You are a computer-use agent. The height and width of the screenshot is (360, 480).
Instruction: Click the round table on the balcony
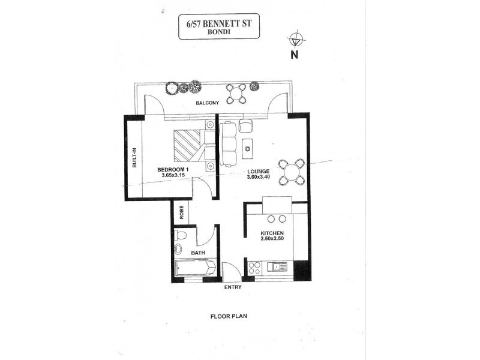(x=236, y=93)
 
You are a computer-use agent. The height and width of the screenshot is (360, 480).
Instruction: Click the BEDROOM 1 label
(x=173, y=170)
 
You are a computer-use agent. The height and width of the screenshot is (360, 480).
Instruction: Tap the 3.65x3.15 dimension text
(x=174, y=176)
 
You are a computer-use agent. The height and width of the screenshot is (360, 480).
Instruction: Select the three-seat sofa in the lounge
(x=228, y=145)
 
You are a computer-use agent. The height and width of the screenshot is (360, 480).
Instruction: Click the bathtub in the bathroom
(x=193, y=270)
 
